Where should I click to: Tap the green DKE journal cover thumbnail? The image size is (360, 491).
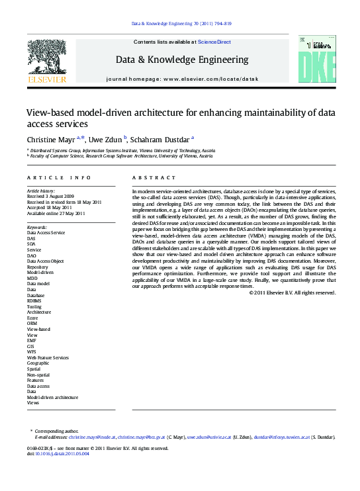(311, 61)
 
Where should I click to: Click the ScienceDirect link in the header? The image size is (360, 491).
(214, 42)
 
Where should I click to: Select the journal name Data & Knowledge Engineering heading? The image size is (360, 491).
(182, 60)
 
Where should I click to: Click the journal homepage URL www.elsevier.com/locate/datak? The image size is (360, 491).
(210, 79)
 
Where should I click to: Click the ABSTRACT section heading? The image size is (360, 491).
(154, 178)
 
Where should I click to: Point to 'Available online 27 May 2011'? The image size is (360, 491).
(56, 214)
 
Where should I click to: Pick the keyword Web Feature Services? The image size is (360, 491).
(47, 357)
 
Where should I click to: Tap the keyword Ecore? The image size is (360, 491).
(32, 318)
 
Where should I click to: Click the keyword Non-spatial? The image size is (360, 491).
(38, 375)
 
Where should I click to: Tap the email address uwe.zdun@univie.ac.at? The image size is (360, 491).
(208, 437)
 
